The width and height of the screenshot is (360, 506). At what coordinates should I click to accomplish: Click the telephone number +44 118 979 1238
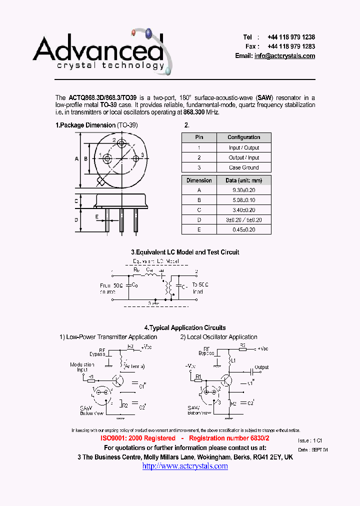click(291, 37)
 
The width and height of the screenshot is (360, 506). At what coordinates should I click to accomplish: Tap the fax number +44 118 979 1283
click(291, 46)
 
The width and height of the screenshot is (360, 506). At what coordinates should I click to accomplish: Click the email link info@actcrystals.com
click(284, 56)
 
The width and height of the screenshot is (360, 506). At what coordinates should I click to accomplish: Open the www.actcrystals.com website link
click(185, 466)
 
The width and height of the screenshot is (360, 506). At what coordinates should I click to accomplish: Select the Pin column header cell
click(199, 137)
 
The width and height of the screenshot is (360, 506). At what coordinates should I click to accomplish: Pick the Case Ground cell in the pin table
click(244, 167)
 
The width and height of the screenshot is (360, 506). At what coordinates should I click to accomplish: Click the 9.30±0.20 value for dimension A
click(244, 190)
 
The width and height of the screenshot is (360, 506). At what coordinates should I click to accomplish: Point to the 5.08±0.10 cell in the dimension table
click(244, 200)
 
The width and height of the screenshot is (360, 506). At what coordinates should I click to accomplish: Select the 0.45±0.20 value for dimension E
click(244, 229)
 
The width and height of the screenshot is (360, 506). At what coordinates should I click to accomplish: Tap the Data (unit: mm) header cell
click(244, 180)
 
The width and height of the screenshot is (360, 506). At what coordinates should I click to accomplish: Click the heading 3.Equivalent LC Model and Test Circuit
click(185, 252)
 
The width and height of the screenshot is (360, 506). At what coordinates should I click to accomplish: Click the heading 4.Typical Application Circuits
click(185, 328)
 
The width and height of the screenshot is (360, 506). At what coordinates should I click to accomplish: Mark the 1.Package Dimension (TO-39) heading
click(96, 125)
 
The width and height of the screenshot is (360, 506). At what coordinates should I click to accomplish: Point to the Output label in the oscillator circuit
click(261, 367)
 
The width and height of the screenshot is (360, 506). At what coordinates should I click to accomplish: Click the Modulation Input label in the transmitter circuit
click(82, 367)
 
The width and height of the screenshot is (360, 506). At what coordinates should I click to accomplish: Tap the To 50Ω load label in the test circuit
click(200, 288)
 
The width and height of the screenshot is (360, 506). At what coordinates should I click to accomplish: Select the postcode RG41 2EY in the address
click(267, 457)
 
